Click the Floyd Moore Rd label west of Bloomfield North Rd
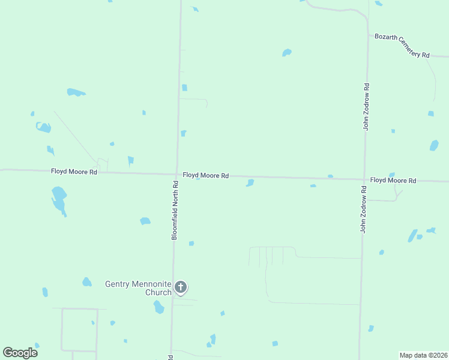(74, 172)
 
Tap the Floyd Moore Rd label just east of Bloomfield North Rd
(206, 176)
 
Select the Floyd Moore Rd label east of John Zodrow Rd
(393, 181)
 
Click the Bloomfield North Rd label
(175, 211)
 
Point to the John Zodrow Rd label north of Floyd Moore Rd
(366, 107)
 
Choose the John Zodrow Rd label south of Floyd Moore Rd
(363, 209)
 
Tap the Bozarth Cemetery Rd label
(402, 46)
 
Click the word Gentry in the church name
(117, 284)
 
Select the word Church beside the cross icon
(158, 293)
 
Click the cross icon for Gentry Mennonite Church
(181, 288)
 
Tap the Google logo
(20, 353)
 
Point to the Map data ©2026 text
(424, 355)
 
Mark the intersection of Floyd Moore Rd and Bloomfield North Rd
(177, 175)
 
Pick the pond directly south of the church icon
(158, 307)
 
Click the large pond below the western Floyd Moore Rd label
(59, 200)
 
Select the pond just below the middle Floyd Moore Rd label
(250, 183)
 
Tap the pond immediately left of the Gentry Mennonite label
(87, 282)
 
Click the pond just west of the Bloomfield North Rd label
(145, 221)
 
